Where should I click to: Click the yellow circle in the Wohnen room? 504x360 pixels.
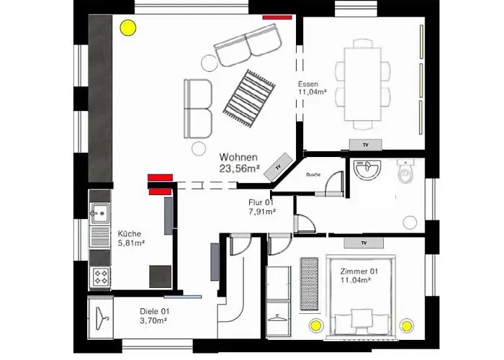(x=128, y=28)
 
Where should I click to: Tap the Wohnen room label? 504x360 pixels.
(x=238, y=157)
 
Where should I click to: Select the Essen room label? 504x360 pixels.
(x=308, y=84)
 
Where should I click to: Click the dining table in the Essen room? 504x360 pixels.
(x=363, y=84)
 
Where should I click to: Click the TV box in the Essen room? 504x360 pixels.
(x=366, y=145)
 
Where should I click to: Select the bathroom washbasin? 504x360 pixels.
(x=366, y=168)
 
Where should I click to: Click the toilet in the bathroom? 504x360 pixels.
(x=405, y=171)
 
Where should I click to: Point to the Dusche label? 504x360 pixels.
(x=313, y=175)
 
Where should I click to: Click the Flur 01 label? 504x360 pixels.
(x=261, y=202)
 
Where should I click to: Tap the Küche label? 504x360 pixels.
(x=129, y=234)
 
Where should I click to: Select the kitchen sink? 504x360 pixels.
(x=100, y=213)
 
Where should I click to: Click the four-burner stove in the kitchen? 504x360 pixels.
(x=101, y=276)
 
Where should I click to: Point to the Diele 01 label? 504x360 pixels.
(x=154, y=311)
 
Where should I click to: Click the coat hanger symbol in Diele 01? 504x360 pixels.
(x=102, y=318)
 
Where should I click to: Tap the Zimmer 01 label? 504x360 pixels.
(x=359, y=271)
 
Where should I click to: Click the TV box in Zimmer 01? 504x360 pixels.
(x=364, y=243)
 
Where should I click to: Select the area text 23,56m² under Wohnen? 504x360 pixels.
(x=240, y=168)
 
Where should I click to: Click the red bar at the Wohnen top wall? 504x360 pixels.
(x=277, y=17)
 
